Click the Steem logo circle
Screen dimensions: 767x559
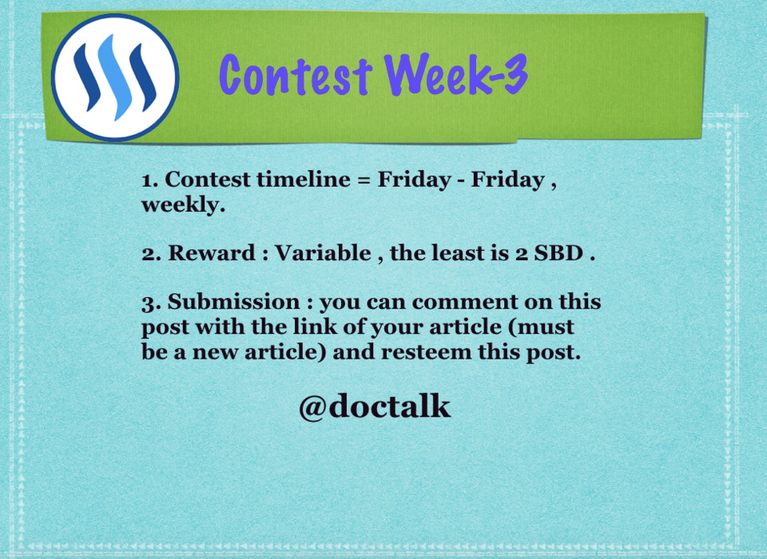pyautogui.click(x=115, y=77)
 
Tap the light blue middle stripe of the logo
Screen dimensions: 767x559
pyautogui.click(x=115, y=77)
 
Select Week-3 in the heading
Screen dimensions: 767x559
pyautogui.click(x=456, y=73)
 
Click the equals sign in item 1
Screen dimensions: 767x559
pyautogui.click(x=364, y=180)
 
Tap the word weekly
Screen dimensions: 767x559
pyautogui.click(x=184, y=204)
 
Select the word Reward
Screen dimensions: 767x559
pyautogui.click(x=212, y=253)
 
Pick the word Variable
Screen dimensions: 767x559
pyautogui.click(x=323, y=253)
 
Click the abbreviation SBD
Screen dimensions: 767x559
pyautogui.click(x=558, y=253)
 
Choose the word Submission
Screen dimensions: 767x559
pyautogui.click(x=234, y=302)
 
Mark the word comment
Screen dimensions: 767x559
pyautogui.click(x=465, y=302)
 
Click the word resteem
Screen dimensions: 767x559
pyautogui.click(x=426, y=351)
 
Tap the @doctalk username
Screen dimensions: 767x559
pyautogui.click(x=374, y=406)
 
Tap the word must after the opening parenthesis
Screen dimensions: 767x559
pyautogui.click(x=545, y=327)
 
